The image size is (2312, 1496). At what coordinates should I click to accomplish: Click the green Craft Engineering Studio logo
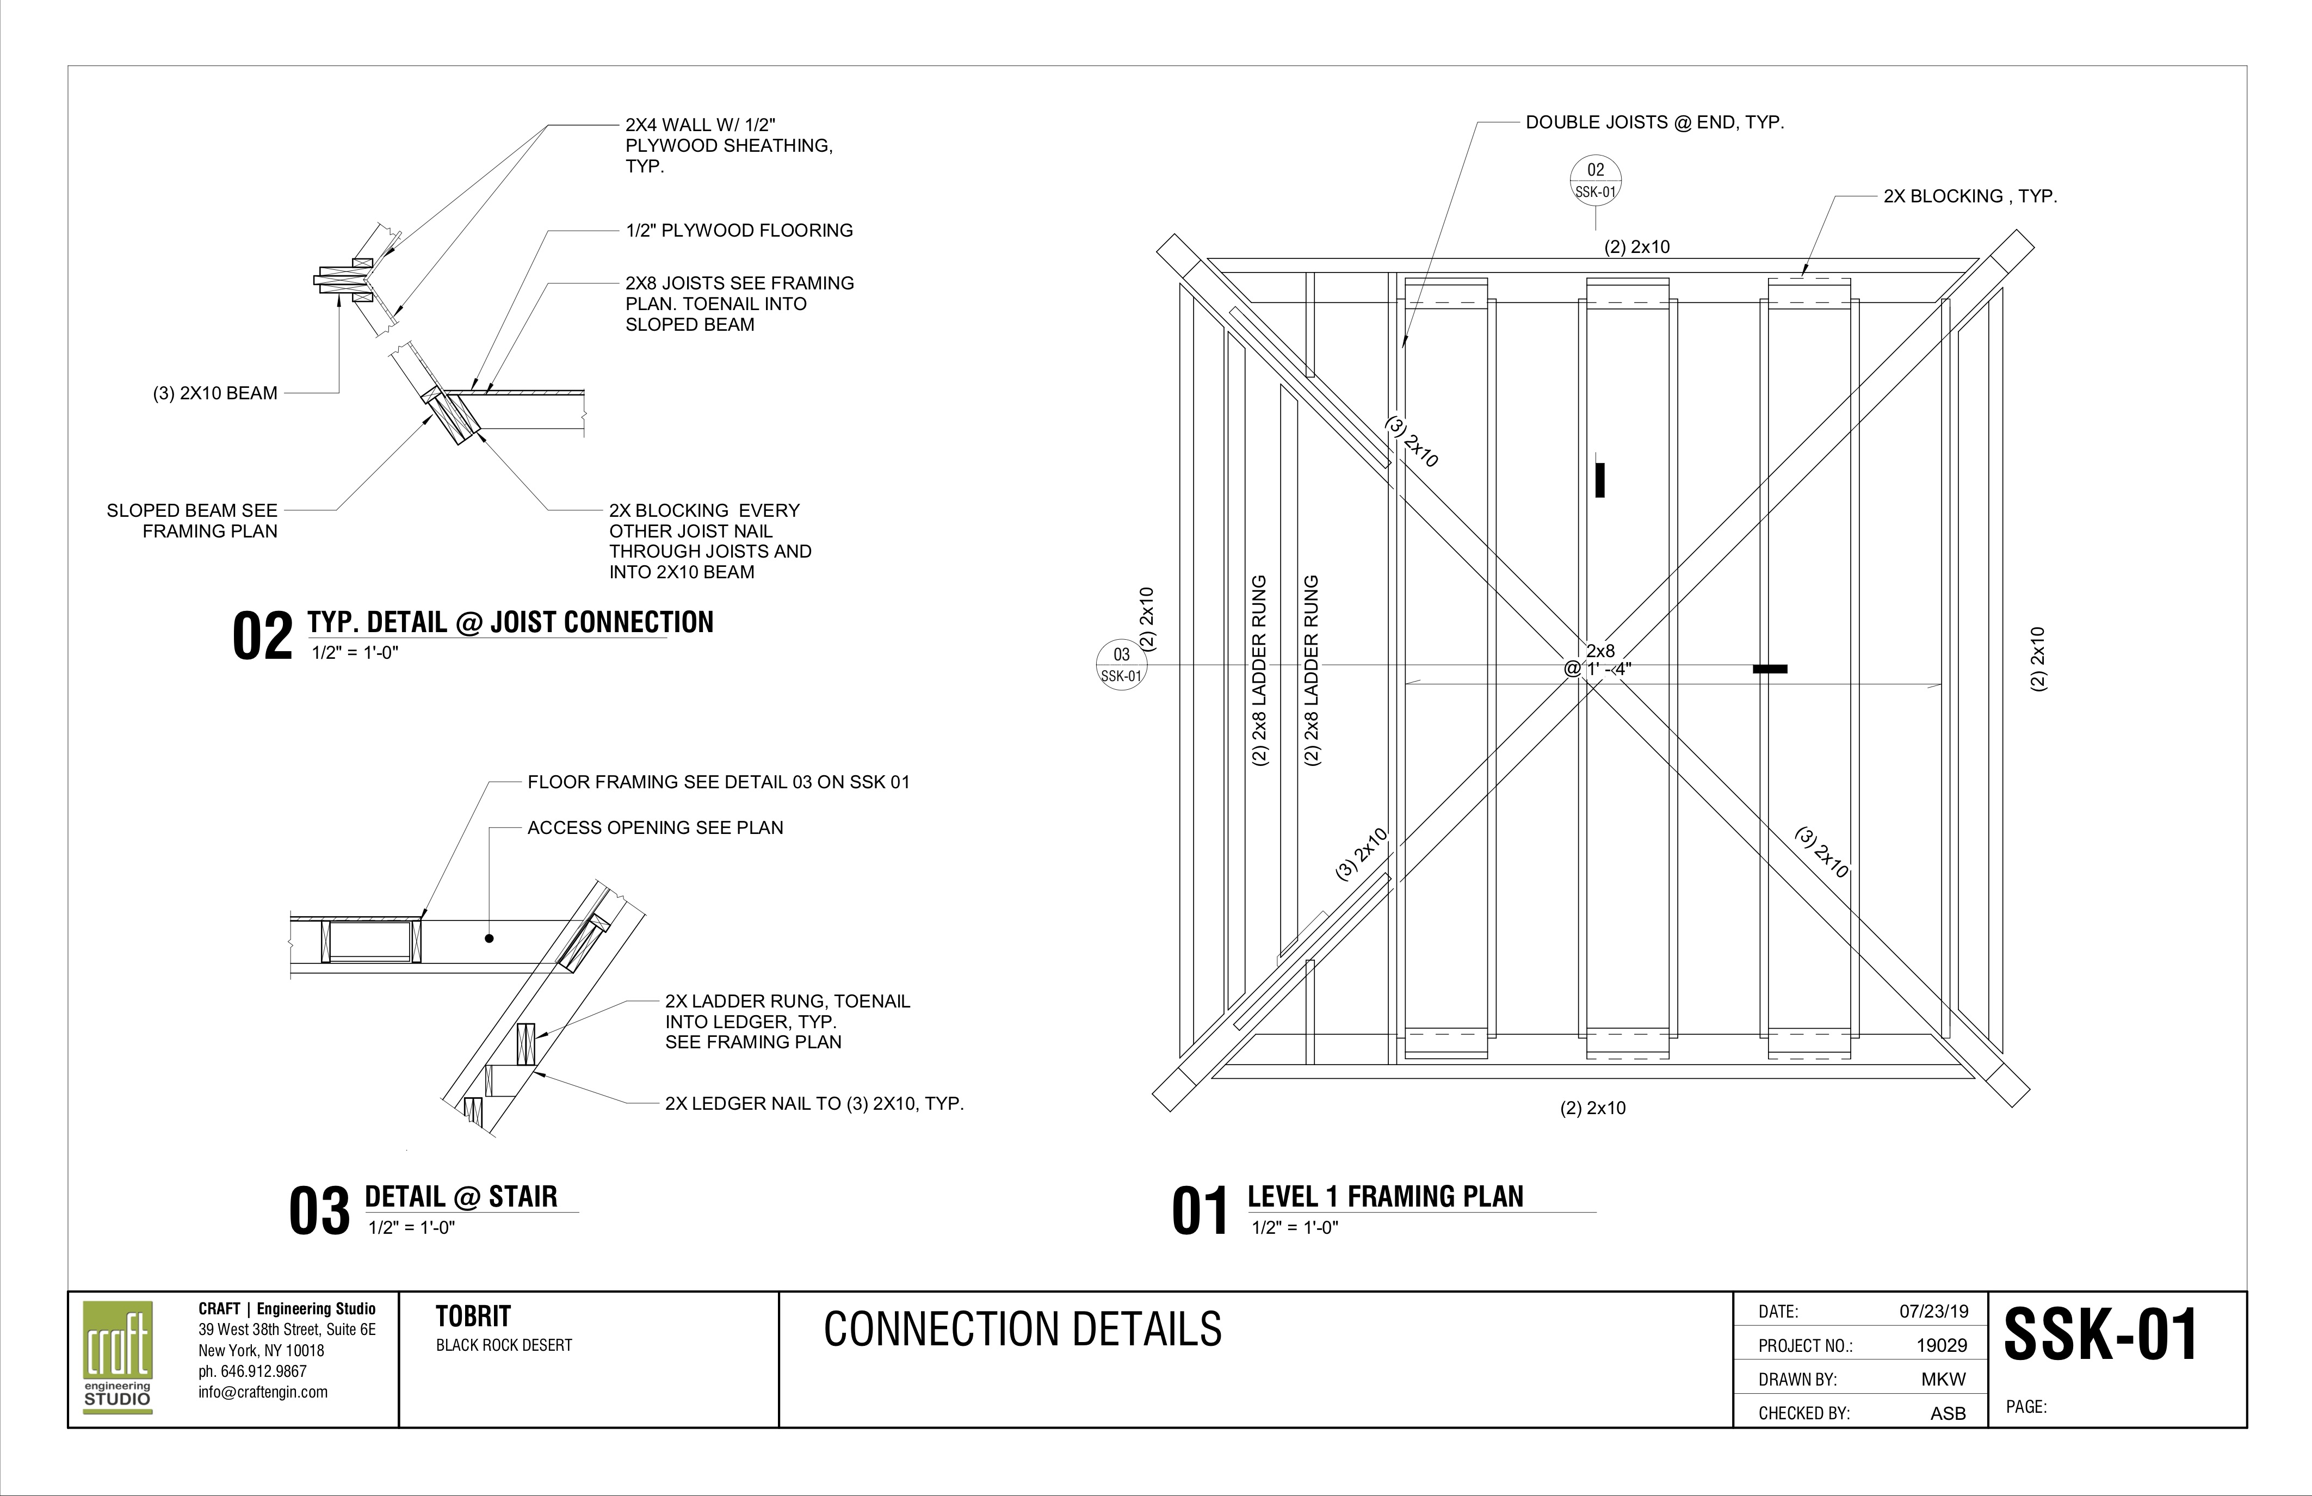tap(118, 1357)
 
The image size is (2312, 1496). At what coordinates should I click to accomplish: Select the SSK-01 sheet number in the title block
tap(2100, 1335)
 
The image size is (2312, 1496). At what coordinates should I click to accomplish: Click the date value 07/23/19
tap(1933, 1312)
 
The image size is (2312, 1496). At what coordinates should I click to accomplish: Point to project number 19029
tap(1941, 1345)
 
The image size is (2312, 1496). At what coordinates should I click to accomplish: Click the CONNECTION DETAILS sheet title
tap(1022, 1329)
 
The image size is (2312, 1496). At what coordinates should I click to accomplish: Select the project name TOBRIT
tap(473, 1317)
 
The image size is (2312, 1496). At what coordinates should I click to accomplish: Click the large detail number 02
tap(262, 637)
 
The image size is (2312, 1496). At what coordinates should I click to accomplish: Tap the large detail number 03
tap(319, 1213)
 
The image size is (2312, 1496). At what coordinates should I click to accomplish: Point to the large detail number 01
tap(1201, 1213)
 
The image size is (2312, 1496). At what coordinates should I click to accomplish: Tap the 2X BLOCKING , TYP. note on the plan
tap(1970, 196)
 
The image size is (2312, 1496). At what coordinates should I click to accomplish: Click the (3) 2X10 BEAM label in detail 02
tap(215, 393)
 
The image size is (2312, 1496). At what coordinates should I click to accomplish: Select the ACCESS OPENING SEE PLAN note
tap(655, 827)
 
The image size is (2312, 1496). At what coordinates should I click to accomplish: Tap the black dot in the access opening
tap(490, 938)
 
